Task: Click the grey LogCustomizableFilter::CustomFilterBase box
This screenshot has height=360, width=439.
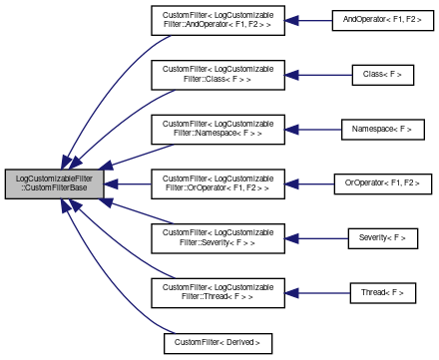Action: [54, 183]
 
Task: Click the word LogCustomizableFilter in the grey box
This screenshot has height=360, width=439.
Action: [55, 178]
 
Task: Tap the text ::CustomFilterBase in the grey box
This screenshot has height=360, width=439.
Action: [55, 189]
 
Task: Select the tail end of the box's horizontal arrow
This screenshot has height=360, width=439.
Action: [150, 183]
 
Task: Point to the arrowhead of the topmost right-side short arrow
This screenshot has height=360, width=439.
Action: [290, 20]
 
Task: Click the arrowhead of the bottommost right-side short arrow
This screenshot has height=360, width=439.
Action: [290, 293]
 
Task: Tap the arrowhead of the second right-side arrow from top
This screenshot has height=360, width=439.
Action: [290, 75]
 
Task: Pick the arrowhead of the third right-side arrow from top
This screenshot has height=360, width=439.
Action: [290, 130]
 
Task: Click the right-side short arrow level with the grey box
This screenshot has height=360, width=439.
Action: [309, 183]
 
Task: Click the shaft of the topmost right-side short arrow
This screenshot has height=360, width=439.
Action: [315, 20]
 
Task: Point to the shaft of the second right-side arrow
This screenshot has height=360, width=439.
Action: [325, 75]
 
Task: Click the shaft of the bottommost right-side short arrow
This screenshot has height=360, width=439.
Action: [324, 293]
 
